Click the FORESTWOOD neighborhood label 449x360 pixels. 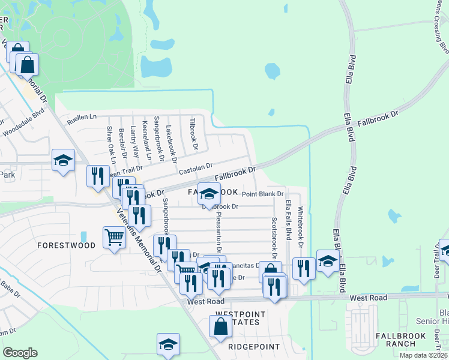click(x=66, y=245)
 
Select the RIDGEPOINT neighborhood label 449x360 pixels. click(x=255, y=347)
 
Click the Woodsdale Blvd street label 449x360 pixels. click(x=24, y=122)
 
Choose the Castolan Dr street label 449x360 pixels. click(x=196, y=167)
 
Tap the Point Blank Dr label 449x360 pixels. click(x=262, y=194)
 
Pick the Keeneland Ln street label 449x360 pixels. click(x=146, y=140)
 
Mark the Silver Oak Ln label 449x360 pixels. click(x=110, y=145)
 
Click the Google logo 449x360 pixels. click(x=20, y=353)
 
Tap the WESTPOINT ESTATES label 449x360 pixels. click(x=238, y=318)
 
